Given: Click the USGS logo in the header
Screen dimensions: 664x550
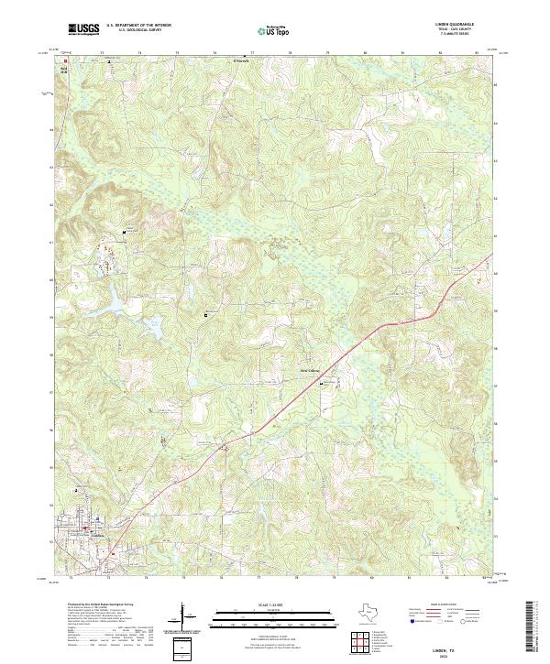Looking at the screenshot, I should click(83, 29).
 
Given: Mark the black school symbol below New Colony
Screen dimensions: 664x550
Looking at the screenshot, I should click(321, 384).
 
